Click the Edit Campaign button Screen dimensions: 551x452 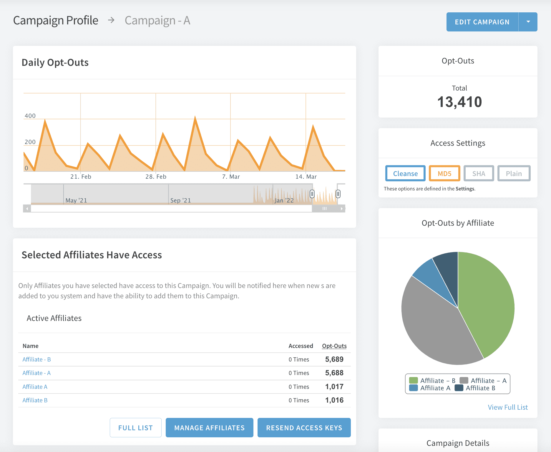tap(482, 22)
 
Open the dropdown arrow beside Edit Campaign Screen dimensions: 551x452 tap(528, 22)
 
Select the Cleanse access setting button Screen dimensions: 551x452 tap(405, 173)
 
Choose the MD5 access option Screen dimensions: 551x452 tap(444, 173)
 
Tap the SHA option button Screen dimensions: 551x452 tap(479, 173)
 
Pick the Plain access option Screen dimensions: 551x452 tap(514, 173)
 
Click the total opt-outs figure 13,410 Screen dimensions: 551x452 tap(459, 102)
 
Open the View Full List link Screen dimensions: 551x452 tap(508, 407)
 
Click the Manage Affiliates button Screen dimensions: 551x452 tap(210, 428)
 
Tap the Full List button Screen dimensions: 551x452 tap(136, 428)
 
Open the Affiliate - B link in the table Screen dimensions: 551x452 tap(37, 359)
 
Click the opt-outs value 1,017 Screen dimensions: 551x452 tap(334, 387)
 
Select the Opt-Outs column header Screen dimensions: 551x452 tap(334, 346)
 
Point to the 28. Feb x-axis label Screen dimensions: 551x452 tap(156, 177)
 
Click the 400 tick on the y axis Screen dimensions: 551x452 tap(30, 116)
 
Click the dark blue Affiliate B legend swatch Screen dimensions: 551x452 tap(459, 388)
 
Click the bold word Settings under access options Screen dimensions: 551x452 tap(465, 189)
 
